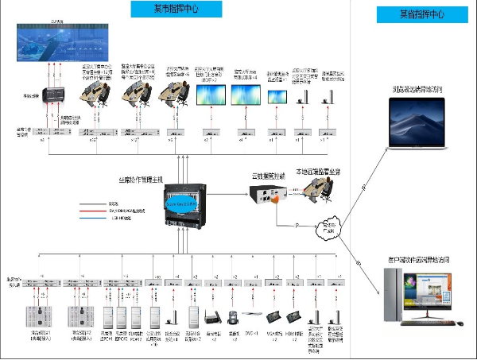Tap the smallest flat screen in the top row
pyautogui.click(x=277, y=95)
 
